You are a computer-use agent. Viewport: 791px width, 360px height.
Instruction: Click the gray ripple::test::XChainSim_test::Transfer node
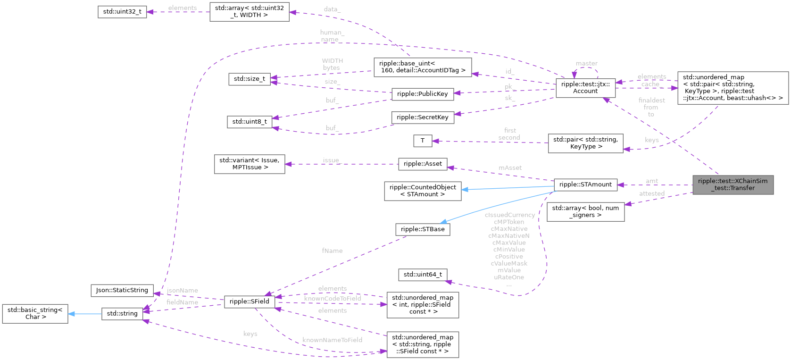point(733,184)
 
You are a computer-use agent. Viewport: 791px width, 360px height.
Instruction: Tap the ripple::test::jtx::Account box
point(585,88)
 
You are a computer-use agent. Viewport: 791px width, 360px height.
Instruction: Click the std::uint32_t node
point(122,12)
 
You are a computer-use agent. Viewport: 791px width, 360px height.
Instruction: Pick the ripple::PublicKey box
point(422,94)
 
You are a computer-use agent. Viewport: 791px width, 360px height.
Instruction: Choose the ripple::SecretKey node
point(422,117)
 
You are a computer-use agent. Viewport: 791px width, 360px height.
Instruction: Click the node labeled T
point(422,141)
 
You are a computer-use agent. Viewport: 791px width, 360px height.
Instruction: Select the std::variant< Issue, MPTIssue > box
point(249,164)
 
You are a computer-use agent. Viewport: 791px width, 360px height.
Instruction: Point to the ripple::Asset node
point(422,164)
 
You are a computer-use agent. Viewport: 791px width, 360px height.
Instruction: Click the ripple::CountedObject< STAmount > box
point(422,191)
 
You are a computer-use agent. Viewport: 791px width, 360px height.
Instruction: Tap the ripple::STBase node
point(422,229)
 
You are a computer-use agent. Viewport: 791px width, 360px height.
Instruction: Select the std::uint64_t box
point(422,274)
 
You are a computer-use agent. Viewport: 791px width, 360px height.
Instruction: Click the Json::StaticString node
point(122,290)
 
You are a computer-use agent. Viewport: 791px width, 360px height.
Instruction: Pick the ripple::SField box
point(249,301)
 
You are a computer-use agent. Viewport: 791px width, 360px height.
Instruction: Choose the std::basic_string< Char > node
point(35,313)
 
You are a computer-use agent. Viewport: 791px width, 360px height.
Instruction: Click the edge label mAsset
point(510,167)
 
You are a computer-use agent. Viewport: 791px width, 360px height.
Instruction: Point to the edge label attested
point(651,193)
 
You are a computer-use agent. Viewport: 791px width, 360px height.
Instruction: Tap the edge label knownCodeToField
point(332,298)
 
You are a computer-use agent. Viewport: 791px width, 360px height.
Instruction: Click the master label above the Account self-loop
point(586,63)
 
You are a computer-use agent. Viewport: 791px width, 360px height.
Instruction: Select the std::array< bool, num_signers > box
point(585,211)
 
